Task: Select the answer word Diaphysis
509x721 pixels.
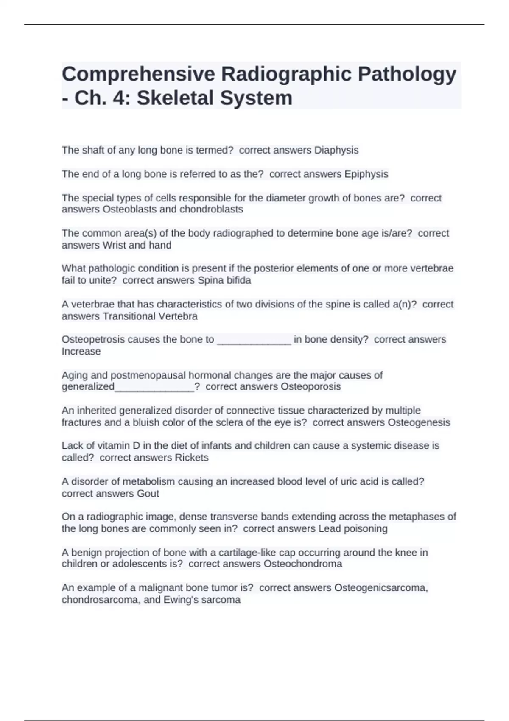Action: coord(336,150)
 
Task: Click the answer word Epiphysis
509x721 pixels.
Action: coord(366,174)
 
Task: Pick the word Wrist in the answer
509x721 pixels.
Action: coord(114,245)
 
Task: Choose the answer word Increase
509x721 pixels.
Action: coord(81,352)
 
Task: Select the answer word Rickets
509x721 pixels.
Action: coord(191,458)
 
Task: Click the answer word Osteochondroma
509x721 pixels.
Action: coord(302,564)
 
